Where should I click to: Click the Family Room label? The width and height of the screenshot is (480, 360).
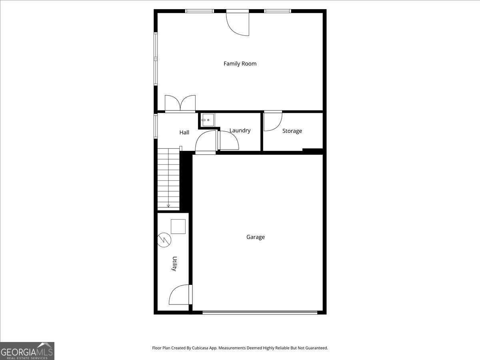pos(240,64)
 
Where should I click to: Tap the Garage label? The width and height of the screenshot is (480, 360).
pos(256,237)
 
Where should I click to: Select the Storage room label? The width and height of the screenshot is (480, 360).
pos(292,131)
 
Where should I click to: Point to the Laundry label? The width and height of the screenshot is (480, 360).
pos(240,130)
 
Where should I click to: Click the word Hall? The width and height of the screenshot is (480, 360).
pos(184,132)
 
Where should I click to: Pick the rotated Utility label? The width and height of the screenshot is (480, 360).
pos(174,264)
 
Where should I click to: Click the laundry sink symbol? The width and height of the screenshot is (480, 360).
pos(208,120)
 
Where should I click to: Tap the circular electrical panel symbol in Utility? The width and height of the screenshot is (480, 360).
pos(164,240)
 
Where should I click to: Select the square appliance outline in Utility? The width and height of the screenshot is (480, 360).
pos(178,226)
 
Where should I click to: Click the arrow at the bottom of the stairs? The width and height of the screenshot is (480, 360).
pos(168,206)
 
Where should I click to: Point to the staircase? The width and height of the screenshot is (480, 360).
pos(169,179)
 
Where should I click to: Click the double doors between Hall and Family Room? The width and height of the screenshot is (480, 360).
pos(180,104)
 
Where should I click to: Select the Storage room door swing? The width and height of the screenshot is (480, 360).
pos(273,121)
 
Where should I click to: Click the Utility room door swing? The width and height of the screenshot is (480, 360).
pos(180,294)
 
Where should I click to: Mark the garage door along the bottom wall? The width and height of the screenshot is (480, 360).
pos(260,312)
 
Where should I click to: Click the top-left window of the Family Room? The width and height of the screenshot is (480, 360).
pos(200,11)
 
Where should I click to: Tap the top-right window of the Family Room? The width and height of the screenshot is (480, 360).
pos(278,11)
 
